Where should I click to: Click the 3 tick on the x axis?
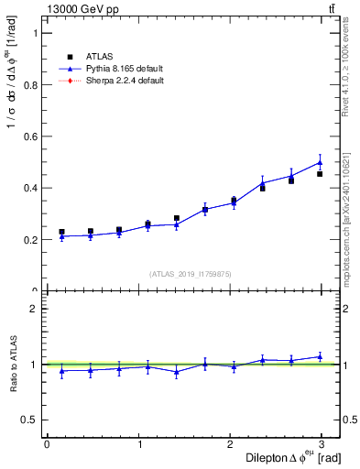click(325, 443)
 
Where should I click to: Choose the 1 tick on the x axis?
click(140, 443)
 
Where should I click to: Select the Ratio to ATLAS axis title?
click(12, 364)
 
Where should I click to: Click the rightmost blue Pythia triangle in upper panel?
click(320, 162)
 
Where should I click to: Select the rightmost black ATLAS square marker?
click(320, 173)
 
